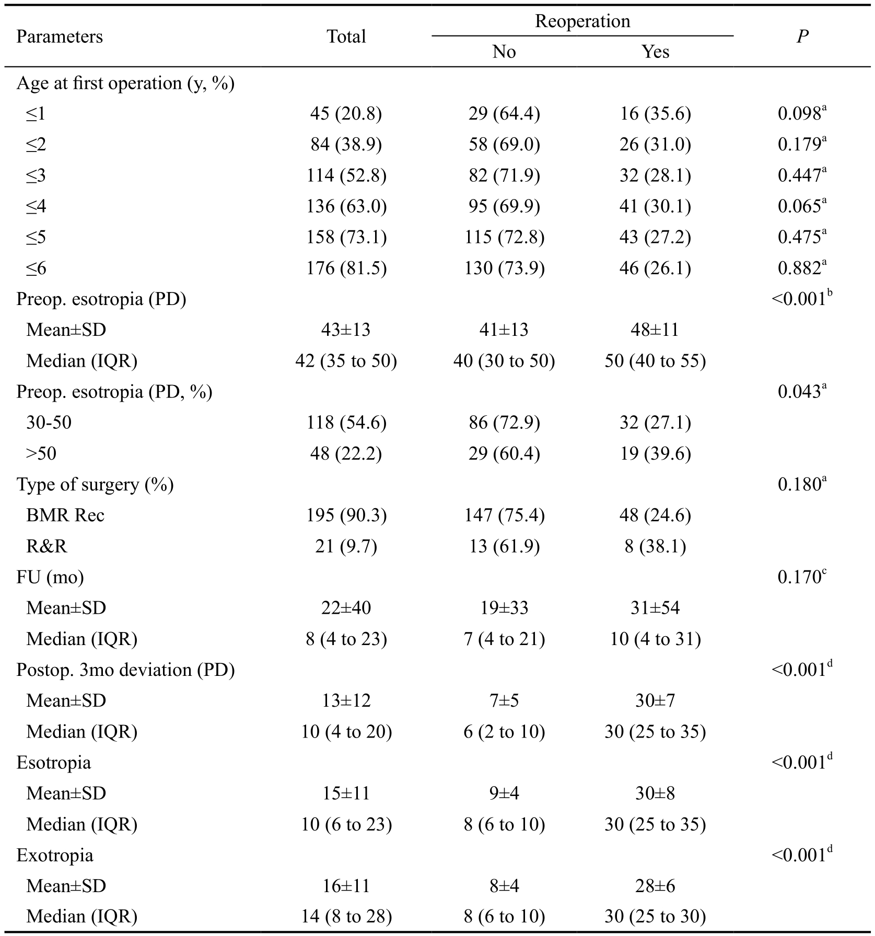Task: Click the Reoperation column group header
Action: click(582, 21)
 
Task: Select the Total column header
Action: click(346, 37)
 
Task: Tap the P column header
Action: click(802, 37)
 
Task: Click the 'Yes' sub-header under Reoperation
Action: click(655, 52)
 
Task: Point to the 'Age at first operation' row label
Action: click(125, 83)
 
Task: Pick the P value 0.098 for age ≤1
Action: click(802, 113)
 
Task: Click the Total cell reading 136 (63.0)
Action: click(346, 206)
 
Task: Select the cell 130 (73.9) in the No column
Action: click(504, 268)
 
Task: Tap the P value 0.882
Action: click(802, 267)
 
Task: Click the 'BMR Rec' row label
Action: click(65, 516)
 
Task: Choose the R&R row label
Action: click(46, 546)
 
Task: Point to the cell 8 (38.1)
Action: click(655, 546)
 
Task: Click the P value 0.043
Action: click(802, 391)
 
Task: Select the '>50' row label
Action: click(41, 453)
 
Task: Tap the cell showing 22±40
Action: click(346, 608)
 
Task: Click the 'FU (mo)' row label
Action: click(50, 577)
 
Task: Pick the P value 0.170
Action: click(802, 577)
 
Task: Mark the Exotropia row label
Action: click(55, 856)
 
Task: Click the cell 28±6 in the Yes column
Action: click(655, 886)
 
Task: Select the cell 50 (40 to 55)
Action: click(655, 361)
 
